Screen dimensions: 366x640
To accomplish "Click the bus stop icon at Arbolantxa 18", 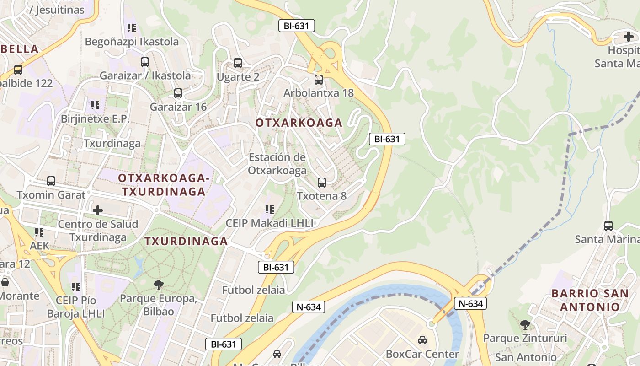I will click(319, 79).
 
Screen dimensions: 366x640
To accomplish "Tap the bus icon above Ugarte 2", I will click(237, 63).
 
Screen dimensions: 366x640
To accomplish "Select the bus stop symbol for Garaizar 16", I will click(178, 93).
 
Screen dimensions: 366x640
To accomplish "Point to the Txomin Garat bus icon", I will click(51, 181).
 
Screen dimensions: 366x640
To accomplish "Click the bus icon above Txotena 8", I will click(322, 183).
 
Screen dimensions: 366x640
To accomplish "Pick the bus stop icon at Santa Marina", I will click(608, 226).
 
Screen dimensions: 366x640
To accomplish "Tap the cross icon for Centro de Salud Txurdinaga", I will click(97, 210).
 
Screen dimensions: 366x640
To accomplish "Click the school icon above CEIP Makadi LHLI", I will click(270, 210).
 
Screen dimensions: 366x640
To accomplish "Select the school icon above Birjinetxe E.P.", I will click(95, 105).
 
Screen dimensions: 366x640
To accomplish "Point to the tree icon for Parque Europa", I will click(158, 285).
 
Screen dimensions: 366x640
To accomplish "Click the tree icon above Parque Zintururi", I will click(525, 324).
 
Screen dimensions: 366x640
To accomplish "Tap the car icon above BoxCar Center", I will click(422, 340).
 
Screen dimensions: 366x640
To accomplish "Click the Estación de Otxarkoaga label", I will click(277, 164).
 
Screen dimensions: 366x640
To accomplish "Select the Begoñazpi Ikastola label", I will click(132, 42).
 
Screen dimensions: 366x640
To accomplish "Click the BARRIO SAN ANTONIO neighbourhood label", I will click(590, 300).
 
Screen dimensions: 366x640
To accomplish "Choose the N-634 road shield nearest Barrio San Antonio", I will click(470, 303).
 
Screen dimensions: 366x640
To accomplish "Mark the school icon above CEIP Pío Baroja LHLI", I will click(76, 287).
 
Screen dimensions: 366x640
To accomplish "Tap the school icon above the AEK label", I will click(39, 232).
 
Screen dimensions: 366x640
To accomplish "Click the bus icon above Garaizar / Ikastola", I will click(145, 62).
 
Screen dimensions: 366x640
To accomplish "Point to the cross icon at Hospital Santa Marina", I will click(629, 37).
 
